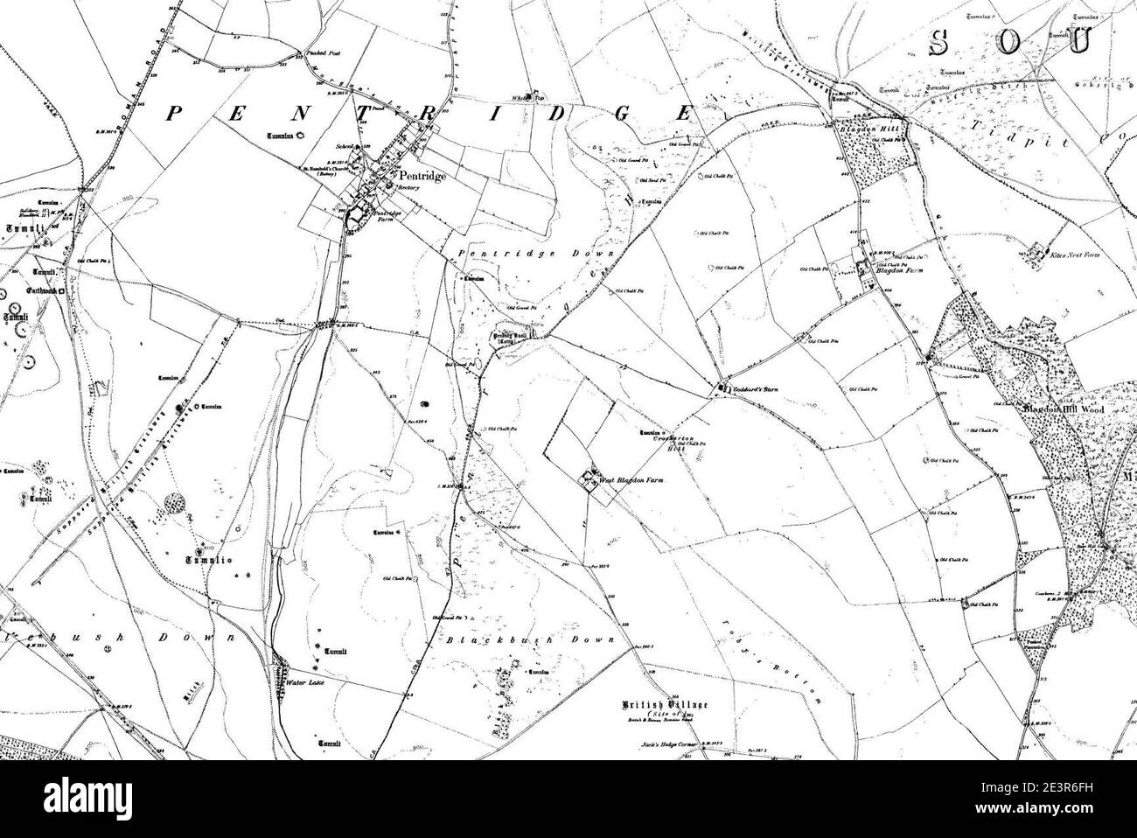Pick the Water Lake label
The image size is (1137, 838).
point(303,683)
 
